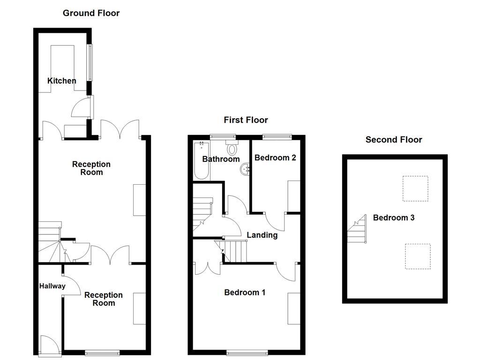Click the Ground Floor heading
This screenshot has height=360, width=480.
point(91,13)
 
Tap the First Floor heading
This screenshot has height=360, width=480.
point(246,120)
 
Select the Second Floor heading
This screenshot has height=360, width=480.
point(394,139)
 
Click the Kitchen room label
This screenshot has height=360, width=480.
point(61,81)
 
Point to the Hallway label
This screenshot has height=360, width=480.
point(52,286)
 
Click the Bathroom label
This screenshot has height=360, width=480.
point(221,159)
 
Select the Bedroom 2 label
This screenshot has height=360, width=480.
point(275,157)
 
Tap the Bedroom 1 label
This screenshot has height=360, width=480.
point(245,292)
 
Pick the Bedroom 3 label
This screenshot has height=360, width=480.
point(393,217)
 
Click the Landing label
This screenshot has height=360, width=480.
point(262,235)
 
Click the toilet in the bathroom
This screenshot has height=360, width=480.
point(232,148)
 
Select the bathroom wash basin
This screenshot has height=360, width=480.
point(246,169)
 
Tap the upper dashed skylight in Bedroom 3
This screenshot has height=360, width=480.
point(415,188)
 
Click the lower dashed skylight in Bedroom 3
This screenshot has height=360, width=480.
point(417,256)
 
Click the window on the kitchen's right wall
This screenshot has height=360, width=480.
point(89,62)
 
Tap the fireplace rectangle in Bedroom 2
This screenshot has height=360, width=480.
point(293,195)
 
